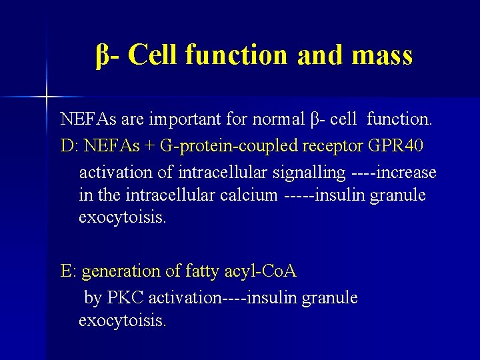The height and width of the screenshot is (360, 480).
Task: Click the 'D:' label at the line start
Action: click(68, 146)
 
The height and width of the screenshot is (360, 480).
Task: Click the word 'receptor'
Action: click(335, 146)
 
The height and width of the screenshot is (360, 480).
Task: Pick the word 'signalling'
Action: click(307, 172)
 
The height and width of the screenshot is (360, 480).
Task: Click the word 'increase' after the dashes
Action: click(406, 172)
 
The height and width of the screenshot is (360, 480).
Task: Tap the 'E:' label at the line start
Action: click(69, 271)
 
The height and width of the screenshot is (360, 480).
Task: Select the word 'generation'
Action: click(121, 272)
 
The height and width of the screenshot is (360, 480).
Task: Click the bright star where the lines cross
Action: click(47, 97)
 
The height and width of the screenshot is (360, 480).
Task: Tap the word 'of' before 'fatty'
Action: click(173, 272)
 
